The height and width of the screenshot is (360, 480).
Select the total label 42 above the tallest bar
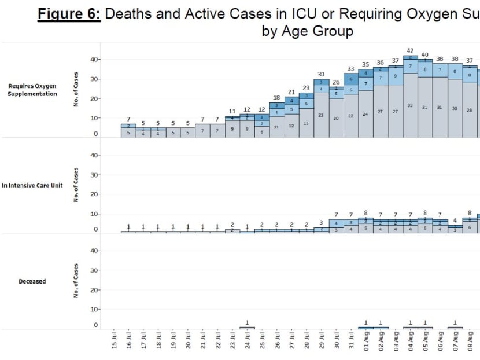point(411,50)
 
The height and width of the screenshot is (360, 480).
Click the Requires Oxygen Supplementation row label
point(32,90)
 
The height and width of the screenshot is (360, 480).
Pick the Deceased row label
point(32,281)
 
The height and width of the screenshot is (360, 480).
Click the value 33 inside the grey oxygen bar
point(411,105)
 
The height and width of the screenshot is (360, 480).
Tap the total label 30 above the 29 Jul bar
point(322,74)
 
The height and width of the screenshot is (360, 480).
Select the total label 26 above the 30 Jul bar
point(337,82)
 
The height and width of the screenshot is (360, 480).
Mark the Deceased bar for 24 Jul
point(248,328)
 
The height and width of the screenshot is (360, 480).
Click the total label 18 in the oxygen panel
point(277,98)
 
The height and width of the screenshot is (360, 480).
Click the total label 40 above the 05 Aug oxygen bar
point(425,54)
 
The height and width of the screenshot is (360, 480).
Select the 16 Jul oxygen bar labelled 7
point(129,130)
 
